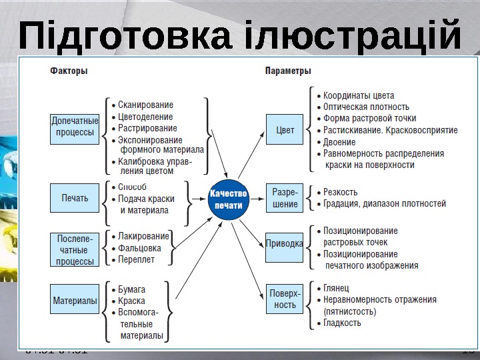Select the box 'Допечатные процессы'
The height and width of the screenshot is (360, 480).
[x=75, y=129]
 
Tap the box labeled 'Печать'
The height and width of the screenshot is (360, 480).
[x=75, y=198]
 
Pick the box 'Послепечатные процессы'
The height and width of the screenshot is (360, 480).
[x=75, y=249]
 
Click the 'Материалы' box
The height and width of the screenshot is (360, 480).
[x=75, y=301]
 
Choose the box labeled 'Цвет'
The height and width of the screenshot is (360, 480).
[x=285, y=129]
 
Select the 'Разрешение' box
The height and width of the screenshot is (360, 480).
[x=285, y=198]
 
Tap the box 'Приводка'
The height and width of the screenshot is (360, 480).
[x=285, y=243]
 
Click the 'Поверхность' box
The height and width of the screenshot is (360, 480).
[x=285, y=299]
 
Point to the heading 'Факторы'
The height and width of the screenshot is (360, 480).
[x=69, y=69]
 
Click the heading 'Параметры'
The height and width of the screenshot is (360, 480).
[x=288, y=69]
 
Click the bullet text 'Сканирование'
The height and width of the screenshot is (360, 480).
[x=145, y=105]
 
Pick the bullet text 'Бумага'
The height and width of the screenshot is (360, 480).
[x=131, y=290]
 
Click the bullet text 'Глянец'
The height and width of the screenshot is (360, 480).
[x=336, y=287]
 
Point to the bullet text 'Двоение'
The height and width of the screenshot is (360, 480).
[x=339, y=141]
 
